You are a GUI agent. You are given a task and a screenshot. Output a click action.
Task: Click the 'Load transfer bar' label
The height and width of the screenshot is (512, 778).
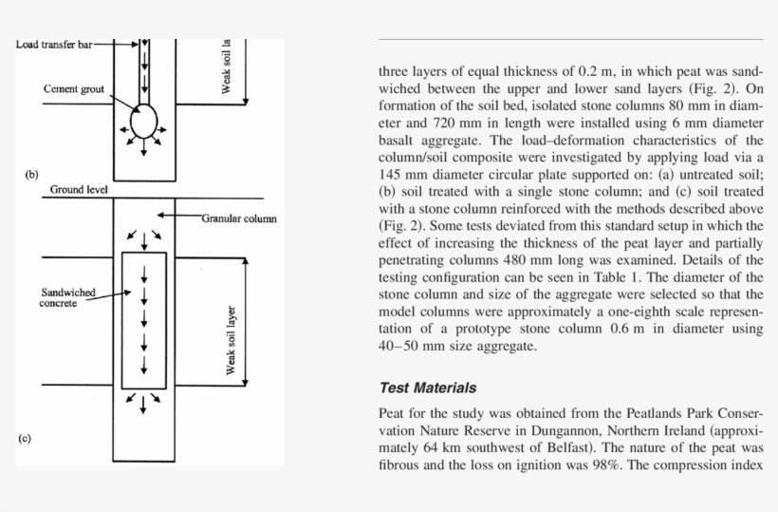53,44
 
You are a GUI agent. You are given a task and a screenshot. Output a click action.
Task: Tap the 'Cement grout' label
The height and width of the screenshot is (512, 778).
73,88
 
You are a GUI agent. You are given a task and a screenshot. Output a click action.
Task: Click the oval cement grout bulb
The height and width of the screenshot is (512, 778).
143,122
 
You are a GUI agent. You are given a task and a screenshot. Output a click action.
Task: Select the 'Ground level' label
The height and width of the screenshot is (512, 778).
80,190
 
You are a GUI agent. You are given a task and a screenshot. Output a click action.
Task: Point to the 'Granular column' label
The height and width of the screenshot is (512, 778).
238,218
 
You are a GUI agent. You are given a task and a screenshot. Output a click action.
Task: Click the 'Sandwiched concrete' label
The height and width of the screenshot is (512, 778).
68,298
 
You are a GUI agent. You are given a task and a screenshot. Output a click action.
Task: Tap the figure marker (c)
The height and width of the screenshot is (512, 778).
25,438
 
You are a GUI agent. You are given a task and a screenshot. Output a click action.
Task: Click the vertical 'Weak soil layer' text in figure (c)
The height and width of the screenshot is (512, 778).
231,340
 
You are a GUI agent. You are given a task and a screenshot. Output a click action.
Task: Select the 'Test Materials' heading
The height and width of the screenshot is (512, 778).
428,388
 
